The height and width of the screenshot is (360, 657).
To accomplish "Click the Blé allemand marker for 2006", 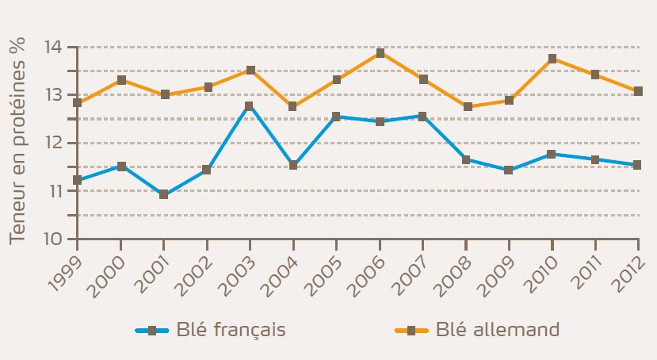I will (380, 53).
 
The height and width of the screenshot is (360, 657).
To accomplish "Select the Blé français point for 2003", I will (250, 105).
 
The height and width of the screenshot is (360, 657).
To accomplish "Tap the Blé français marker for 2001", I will (163, 194).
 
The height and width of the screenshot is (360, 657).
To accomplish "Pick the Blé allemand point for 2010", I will (552, 58).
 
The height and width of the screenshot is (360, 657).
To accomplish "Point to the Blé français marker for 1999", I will (78, 180).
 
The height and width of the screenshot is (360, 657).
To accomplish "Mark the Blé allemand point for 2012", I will (638, 91).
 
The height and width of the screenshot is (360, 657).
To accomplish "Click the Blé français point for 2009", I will (509, 170).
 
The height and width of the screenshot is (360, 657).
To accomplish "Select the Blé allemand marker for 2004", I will (292, 106).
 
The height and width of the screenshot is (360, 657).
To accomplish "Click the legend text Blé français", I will (232, 330).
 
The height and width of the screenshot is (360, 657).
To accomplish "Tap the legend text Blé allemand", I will (498, 329).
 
